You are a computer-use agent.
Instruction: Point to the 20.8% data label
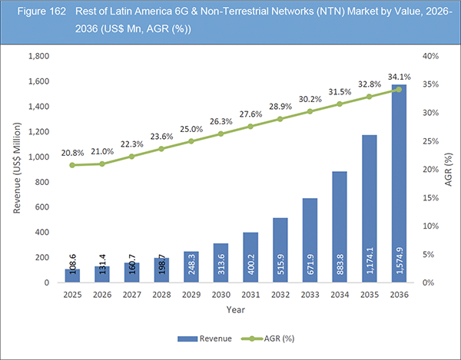pyautogui.click(x=72, y=151)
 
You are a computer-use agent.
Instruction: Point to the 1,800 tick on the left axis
pyautogui.click(x=40, y=56)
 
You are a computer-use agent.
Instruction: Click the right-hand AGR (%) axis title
pyautogui.click(x=448, y=169)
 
